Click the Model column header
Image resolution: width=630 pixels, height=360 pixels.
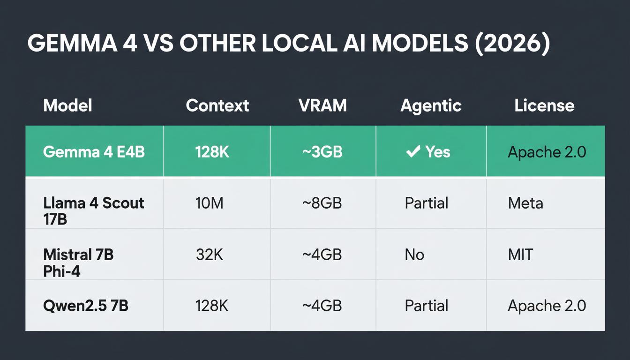pos(67,105)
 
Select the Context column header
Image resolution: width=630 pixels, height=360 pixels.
pos(217,105)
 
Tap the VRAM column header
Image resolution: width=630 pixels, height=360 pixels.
pos(322,105)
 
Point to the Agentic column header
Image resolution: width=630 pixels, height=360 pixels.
pos(431,105)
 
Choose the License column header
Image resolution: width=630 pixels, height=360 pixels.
pos(544,105)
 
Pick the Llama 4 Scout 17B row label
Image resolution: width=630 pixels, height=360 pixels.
pos(93,210)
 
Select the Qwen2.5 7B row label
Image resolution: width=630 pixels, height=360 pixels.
pos(85,306)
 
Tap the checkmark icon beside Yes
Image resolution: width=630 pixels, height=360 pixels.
pos(413,151)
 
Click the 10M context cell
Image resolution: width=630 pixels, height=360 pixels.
pos(209,203)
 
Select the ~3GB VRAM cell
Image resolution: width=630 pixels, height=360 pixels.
pos(322,152)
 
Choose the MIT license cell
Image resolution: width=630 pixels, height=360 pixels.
pos(520,255)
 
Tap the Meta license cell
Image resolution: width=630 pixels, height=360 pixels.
pos(525,203)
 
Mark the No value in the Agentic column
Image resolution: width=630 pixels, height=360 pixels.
pos(414,255)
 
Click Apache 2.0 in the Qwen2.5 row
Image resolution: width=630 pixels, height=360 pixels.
pos(547,306)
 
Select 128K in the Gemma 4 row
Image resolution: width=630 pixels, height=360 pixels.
pos(212,152)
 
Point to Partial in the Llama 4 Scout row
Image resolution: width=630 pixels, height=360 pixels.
pos(427,203)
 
